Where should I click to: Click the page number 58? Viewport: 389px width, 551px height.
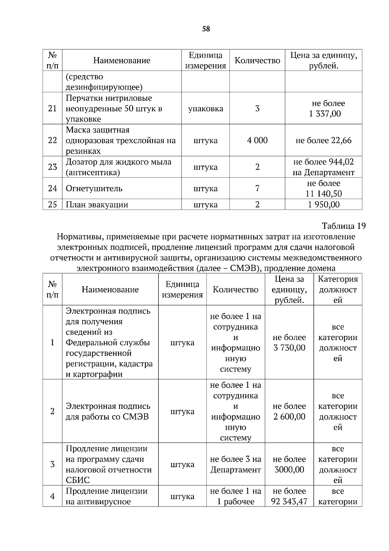click(206, 29)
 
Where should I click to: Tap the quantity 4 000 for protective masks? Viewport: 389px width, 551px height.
click(257, 141)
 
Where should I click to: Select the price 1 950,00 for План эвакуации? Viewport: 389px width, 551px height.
click(324, 205)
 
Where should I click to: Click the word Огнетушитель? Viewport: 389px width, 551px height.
click(94, 189)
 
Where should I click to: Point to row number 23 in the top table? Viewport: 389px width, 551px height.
click(52, 167)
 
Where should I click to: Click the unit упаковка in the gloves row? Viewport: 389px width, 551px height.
click(206, 109)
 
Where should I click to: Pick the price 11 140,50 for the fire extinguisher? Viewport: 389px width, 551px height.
click(324, 194)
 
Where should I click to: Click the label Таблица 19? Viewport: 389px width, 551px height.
click(344, 226)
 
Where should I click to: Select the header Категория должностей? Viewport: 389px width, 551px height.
click(338, 289)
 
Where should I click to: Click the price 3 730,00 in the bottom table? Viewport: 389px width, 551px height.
click(289, 348)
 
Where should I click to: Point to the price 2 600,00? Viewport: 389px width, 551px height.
click(289, 417)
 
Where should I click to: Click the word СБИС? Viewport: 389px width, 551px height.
click(78, 480)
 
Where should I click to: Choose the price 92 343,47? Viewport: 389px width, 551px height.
click(289, 502)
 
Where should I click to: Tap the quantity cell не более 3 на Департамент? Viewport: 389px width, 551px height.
click(235, 464)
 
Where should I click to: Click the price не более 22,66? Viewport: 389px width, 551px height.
click(324, 141)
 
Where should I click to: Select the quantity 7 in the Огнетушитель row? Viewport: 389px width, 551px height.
click(257, 189)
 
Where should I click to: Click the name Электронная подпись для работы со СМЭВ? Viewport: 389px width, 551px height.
click(108, 411)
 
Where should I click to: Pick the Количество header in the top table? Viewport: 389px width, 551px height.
click(257, 61)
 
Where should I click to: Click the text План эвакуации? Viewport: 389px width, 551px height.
click(97, 205)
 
